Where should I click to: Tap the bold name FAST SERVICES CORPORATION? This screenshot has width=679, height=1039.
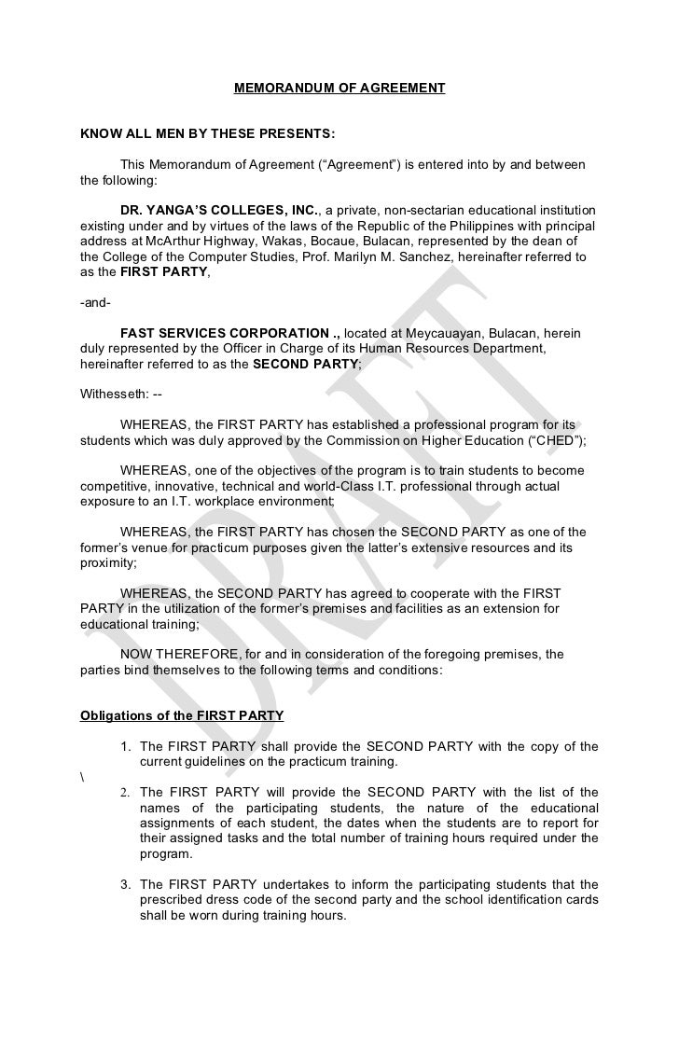[x=229, y=332]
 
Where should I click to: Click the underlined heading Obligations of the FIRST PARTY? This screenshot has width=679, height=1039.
[x=182, y=716]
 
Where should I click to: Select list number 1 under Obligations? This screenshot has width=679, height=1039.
[x=125, y=746]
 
